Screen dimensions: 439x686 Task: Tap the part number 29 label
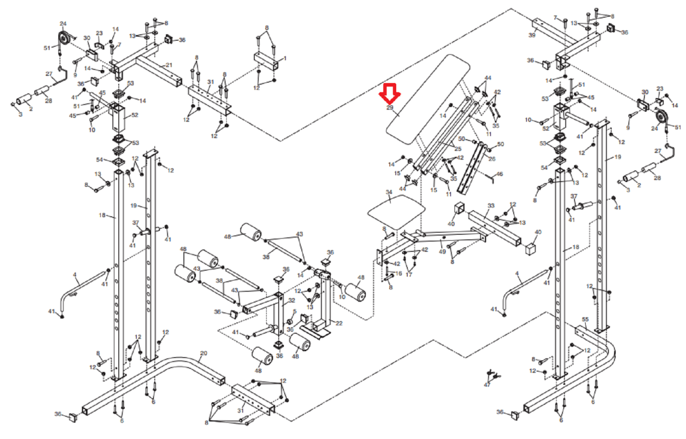(390, 108)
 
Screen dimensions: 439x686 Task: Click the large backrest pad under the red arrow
(429, 99)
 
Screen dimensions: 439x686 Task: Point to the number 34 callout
(389, 192)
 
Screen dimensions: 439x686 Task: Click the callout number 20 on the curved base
(204, 353)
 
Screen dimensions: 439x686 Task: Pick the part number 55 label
(585, 320)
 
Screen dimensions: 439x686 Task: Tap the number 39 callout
(532, 35)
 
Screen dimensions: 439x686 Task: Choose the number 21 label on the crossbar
(169, 65)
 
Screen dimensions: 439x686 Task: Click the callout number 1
(285, 59)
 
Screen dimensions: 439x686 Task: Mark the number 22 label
(339, 323)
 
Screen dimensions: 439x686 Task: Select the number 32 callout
(292, 301)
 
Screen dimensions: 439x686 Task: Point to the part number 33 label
(491, 206)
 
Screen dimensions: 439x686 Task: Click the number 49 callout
(442, 252)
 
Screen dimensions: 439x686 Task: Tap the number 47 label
(487, 385)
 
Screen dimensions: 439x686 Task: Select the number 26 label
(492, 159)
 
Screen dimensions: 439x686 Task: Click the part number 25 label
(458, 149)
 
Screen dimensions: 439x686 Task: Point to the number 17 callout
(409, 275)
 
